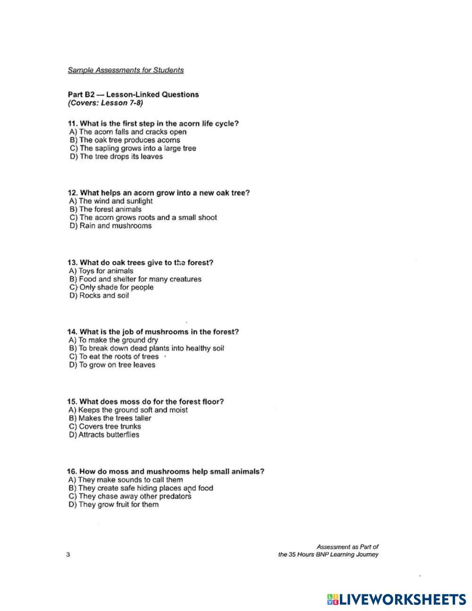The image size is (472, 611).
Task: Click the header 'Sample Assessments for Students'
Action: coord(126,70)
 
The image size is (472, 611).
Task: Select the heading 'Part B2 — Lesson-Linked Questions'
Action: coord(133,94)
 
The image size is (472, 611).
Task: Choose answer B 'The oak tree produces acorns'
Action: coord(125,140)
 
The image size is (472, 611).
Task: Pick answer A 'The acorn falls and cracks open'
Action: coord(128,132)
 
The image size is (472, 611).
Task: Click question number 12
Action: coord(73,193)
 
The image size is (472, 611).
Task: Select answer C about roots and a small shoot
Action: coord(143,218)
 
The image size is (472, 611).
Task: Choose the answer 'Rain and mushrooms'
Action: coord(110,226)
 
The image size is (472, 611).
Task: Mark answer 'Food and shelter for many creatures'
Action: coord(135,279)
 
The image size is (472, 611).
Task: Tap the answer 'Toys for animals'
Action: coord(101,271)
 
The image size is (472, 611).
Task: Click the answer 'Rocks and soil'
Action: coord(99,296)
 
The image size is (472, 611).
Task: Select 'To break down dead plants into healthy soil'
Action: coord(146,348)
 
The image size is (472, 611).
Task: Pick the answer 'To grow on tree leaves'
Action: coord(112,365)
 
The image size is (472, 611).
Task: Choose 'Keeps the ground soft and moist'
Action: coord(128,410)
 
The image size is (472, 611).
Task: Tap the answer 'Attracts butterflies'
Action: coord(104,435)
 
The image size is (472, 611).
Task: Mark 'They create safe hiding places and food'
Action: coord(141,488)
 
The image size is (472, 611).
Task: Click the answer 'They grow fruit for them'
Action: coord(113,505)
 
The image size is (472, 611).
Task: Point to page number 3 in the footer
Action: coord(68,554)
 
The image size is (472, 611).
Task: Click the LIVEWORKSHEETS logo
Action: coord(396,600)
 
